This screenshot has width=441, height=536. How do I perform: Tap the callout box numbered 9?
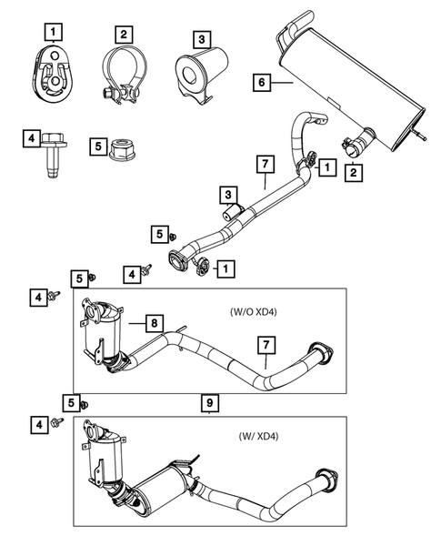(x=208, y=400)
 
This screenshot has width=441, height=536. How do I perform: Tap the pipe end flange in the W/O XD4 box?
(x=320, y=353)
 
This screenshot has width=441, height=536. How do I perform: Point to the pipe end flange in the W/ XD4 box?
(x=325, y=481)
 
